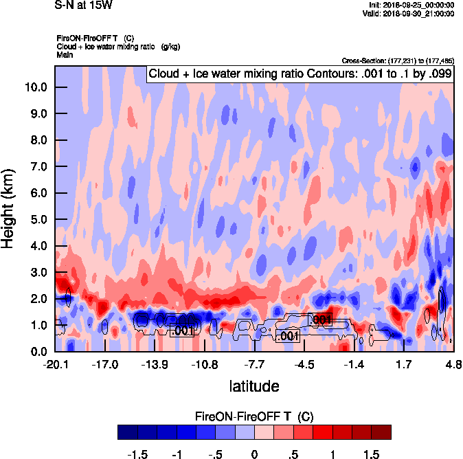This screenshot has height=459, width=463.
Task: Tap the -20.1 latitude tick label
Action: point(55,363)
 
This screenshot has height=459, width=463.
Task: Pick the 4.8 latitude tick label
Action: point(453,363)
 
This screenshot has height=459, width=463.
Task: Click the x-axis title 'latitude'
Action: point(253,386)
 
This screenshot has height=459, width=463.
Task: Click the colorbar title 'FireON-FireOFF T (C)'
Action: point(254,416)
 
